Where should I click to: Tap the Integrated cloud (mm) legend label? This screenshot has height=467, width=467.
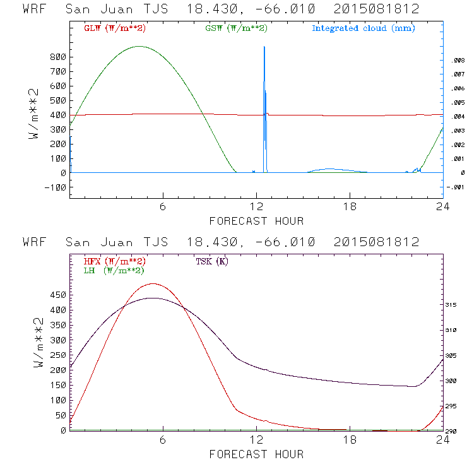tap(364, 28)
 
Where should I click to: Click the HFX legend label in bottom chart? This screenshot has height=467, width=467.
tap(115, 261)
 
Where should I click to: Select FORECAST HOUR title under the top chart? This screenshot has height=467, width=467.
tap(256, 221)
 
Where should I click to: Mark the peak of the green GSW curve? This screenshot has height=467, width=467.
tap(139, 46)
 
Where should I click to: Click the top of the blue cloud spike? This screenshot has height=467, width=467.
tap(264, 47)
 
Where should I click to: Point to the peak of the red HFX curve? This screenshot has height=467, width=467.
tap(152, 284)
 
